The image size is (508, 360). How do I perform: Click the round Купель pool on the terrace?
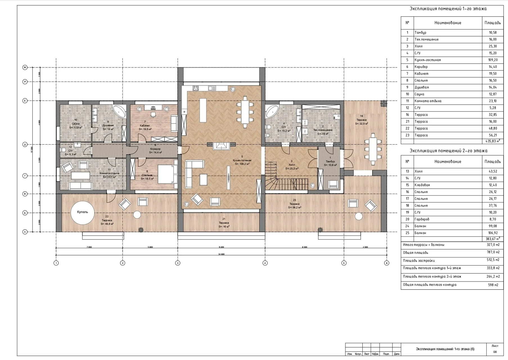pos(83,213)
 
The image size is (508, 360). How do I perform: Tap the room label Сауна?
pos(76,124)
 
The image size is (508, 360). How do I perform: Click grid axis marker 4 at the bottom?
pos(265,263)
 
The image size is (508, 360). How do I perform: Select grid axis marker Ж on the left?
pos(25,67)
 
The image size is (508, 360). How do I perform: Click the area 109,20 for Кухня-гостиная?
pos(493,60)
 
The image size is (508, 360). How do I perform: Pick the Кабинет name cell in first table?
pos(421,74)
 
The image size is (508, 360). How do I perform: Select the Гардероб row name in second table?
pos(422,219)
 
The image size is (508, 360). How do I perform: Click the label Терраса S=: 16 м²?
pos(224,224)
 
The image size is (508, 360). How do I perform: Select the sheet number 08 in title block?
pos(495,352)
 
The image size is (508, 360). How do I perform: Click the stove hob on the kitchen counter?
pos(196,88)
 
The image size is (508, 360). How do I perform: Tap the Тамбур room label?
pos(330,161)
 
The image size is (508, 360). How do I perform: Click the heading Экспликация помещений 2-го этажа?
pos(448,151)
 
